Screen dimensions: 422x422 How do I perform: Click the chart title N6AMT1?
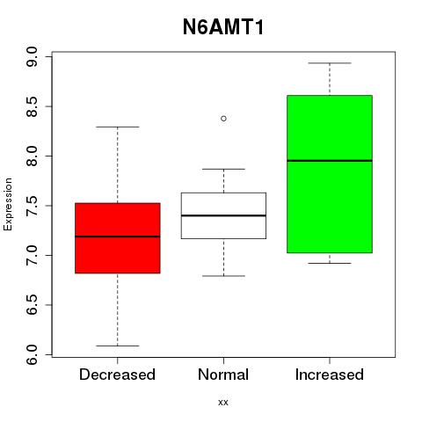pyautogui.click(x=223, y=27)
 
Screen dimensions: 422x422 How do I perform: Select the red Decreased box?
pyautogui.click(x=118, y=238)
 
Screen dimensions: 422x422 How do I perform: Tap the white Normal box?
pyautogui.click(x=223, y=215)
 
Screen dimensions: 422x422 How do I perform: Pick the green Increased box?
pyautogui.click(x=330, y=174)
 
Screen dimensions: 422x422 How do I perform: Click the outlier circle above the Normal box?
pyautogui.click(x=223, y=119)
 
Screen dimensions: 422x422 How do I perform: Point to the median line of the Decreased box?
pyautogui.click(x=118, y=236)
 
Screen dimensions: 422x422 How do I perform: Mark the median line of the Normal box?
pyautogui.click(x=223, y=215)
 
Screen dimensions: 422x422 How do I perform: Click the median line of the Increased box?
pyautogui.click(x=330, y=161)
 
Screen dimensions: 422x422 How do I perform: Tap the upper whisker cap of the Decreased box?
pyautogui.click(x=118, y=127)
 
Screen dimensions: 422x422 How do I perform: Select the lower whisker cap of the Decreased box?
pyautogui.click(x=118, y=346)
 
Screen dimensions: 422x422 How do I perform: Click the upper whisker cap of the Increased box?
pyautogui.click(x=330, y=63)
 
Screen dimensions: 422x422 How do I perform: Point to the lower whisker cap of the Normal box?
pyautogui.click(x=223, y=276)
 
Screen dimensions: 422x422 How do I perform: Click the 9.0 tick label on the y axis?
pyautogui.click(x=32, y=56)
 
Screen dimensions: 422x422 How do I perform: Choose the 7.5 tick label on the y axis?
pyautogui.click(x=32, y=206)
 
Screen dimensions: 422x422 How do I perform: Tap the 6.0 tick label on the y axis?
pyautogui.click(x=32, y=354)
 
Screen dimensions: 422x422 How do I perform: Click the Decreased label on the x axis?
pyautogui.click(x=117, y=375)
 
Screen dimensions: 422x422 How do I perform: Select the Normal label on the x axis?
pyautogui.click(x=223, y=375)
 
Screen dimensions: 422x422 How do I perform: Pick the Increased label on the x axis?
pyautogui.click(x=330, y=375)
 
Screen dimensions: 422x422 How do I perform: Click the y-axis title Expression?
pyautogui.click(x=8, y=204)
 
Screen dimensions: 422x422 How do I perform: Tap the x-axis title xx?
pyautogui.click(x=223, y=403)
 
